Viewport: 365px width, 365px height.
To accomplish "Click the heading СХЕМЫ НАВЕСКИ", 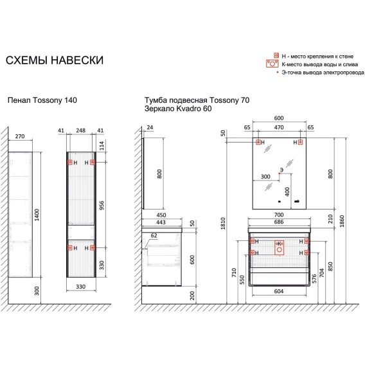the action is click(x=55, y=60).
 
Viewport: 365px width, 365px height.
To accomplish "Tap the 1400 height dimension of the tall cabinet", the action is click(x=37, y=215).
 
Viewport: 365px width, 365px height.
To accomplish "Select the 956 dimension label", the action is click(x=102, y=206).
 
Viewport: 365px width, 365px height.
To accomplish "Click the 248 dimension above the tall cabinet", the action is click(x=80, y=130).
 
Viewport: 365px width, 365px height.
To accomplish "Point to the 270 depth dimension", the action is click(x=20, y=136).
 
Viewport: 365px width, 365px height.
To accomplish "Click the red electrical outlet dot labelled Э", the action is click(x=280, y=174).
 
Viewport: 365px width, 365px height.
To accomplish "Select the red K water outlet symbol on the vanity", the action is click(x=280, y=247).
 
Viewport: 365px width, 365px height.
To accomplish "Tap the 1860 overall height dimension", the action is click(x=341, y=221).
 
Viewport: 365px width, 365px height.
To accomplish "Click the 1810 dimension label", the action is click(x=223, y=223).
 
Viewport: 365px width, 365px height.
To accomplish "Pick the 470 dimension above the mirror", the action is click(x=279, y=127).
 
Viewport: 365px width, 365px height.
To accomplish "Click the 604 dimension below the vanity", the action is click(x=279, y=291).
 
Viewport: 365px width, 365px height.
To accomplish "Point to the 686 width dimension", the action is click(x=279, y=222).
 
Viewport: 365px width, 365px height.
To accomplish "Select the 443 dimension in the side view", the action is click(x=161, y=222).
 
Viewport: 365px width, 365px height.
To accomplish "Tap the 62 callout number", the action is click(x=154, y=236).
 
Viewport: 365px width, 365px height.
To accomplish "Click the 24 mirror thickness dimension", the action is click(x=150, y=127).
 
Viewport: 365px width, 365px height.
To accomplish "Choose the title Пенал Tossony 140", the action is click(x=42, y=100).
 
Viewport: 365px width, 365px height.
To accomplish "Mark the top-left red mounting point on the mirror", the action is click(x=258, y=142).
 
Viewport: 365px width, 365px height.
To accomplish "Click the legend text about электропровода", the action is click(x=323, y=73).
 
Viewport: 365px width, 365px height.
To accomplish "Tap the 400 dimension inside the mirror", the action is click(x=287, y=191).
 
